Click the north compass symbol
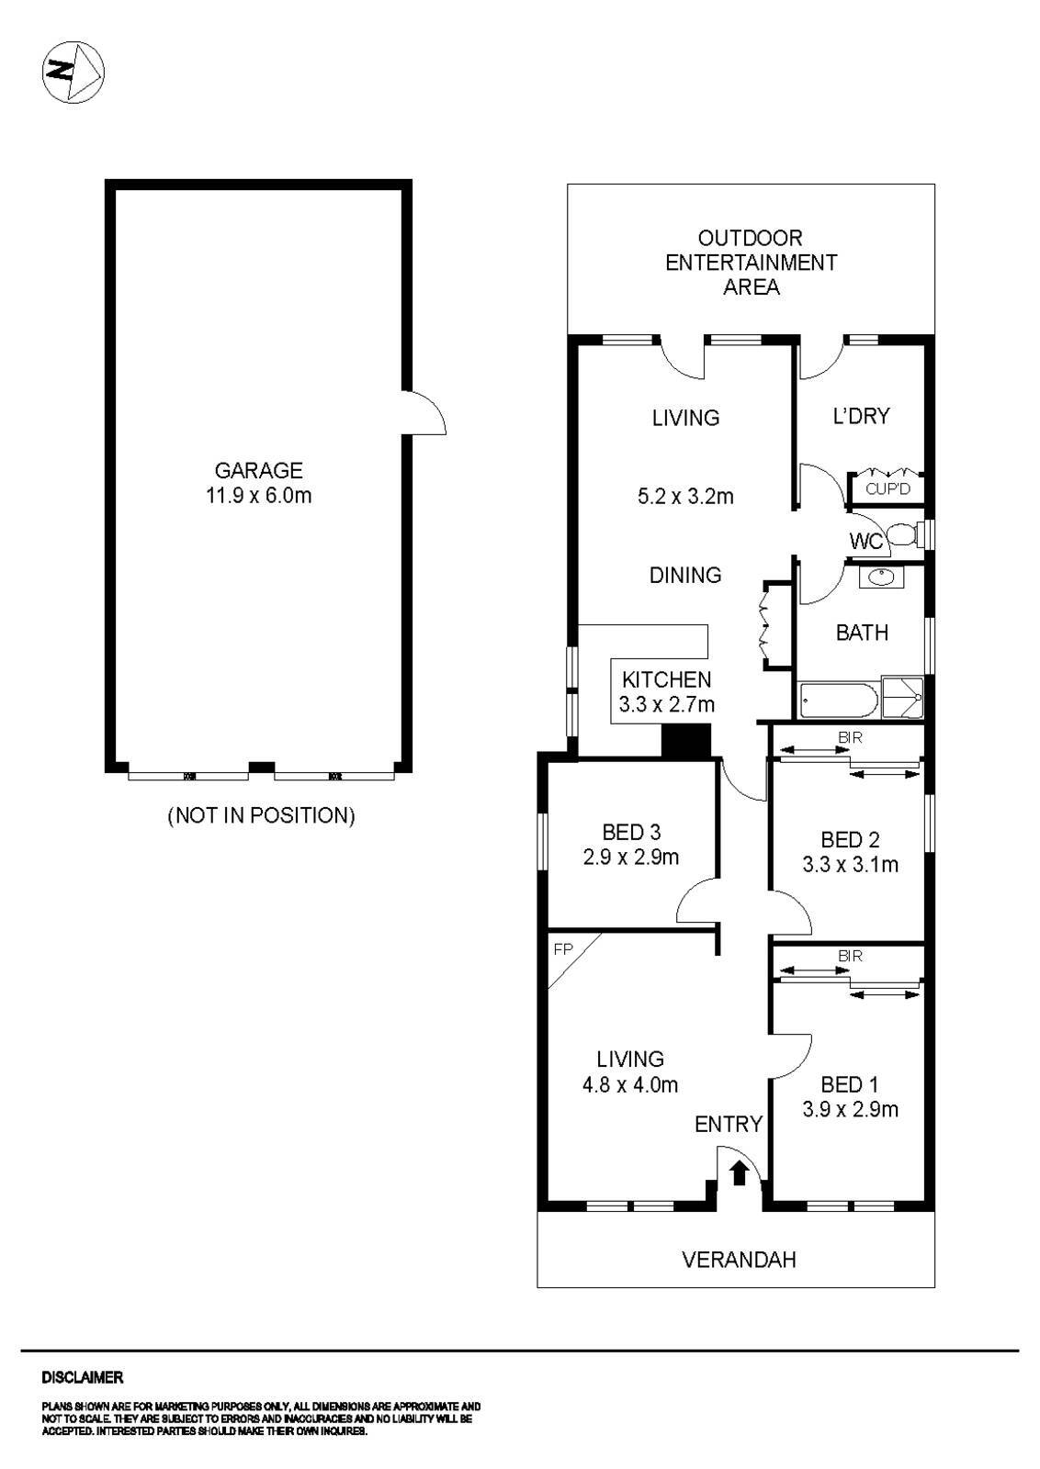click(73, 71)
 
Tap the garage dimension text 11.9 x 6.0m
click(258, 497)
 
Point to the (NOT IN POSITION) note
click(261, 815)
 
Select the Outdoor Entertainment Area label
click(751, 263)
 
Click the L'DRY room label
click(861, 416)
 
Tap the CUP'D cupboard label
click(887, 488)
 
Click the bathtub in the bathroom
click(839, 701)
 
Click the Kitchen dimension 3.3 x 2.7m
click(667, 705)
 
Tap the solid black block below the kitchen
click(686, 741)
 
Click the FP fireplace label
click(562, 949)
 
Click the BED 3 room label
click(631, 833)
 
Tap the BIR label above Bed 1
click(850, 956)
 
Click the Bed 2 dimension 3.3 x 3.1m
click(850, 864)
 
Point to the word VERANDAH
click(739, 1260)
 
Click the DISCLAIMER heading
click(82, 1377)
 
